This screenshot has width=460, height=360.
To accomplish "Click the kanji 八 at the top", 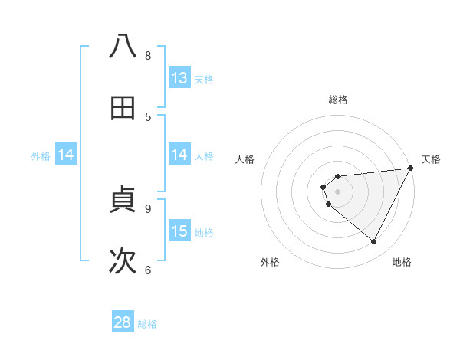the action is (123, 46).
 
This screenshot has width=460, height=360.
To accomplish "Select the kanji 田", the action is (123, 109).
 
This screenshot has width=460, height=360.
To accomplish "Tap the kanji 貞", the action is (123, 201).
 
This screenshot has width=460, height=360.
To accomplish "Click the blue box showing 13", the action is (179, 78).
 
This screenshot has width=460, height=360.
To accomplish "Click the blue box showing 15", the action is (179, 231).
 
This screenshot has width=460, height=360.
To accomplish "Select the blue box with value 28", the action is (123, 322).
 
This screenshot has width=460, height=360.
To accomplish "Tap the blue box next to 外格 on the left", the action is (66, 155).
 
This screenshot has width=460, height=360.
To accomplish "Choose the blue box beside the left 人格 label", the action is (179, 155).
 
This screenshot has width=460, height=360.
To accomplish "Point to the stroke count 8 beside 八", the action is (148, 55).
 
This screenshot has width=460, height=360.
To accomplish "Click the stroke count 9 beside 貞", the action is (148, 208).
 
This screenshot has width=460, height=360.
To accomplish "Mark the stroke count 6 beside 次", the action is (148, 270).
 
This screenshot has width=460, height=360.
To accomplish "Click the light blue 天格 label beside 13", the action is (204, 79).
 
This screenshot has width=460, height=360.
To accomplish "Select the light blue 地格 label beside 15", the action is (204, 232).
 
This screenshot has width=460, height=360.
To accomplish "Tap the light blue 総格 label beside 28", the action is (147, 324).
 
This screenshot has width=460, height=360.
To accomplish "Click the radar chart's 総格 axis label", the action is (338, 100).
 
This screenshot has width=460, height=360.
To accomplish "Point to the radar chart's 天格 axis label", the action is (431, 159).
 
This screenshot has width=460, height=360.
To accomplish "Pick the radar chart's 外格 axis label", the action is (270, 262).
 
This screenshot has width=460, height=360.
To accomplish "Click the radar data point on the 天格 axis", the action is (410, 168).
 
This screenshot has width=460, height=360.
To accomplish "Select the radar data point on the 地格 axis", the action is (374, 242).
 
